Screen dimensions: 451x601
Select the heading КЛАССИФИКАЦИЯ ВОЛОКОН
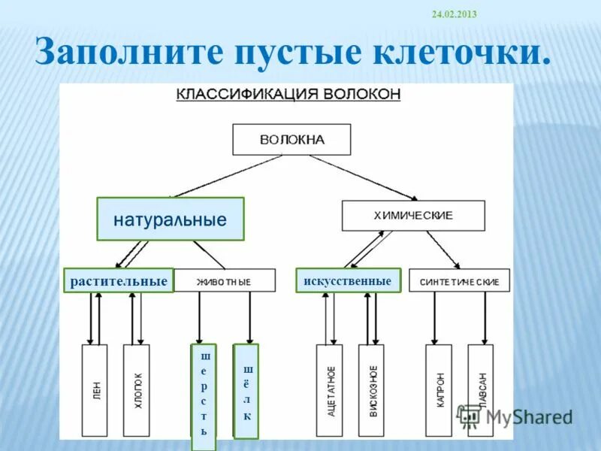[288, 95]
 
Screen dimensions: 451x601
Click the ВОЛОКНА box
[291, 140]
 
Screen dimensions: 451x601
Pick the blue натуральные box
[171, 219]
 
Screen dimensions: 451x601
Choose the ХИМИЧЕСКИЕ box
[413, 216]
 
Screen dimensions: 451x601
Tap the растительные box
[118, 281]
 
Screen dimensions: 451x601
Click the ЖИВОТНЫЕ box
[224, 282]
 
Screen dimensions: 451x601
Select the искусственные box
[348, 280]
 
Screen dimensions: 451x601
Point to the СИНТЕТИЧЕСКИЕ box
[459, 282]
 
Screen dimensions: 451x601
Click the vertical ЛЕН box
[95, 390]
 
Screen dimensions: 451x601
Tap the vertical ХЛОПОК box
[137, 390]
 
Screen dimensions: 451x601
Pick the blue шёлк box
[246, 392]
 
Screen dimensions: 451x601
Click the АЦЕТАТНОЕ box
[329, 390]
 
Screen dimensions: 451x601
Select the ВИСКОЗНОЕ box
[371, 390]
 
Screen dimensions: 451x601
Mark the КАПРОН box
[439, 390]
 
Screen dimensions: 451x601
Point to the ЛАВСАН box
[480, 390]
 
